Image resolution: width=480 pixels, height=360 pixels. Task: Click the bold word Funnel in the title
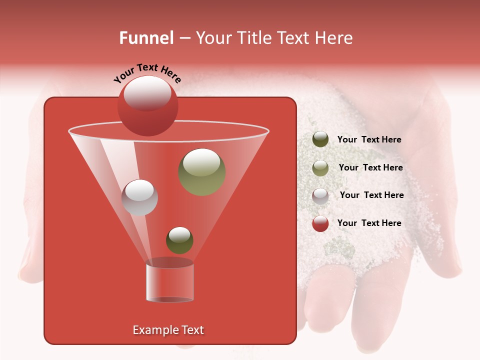(146, 38)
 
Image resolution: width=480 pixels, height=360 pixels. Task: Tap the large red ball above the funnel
(147, 106)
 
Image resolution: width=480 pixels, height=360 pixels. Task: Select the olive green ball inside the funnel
(202, 172)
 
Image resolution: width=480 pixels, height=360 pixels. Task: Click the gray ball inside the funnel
(139, 197)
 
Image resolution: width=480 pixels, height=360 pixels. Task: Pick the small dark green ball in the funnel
(179, 240)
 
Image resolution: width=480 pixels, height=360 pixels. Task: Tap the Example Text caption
(168, 330)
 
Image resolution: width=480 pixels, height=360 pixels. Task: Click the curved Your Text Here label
(147, 73)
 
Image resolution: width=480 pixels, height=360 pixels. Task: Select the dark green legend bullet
(320, 139)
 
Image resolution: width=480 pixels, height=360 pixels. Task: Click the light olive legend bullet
(320, 167)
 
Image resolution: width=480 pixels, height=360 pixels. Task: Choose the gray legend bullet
(320, 195)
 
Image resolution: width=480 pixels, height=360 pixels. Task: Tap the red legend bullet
(320, 223)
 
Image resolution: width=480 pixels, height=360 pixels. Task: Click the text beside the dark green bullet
(369, 139)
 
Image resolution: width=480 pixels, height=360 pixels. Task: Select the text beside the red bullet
(369, 223)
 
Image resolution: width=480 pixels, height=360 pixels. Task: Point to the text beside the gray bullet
(371, 195)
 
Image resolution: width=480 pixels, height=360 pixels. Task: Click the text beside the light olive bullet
(370, 167)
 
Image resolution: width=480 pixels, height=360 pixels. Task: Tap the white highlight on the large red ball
(147, 93)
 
